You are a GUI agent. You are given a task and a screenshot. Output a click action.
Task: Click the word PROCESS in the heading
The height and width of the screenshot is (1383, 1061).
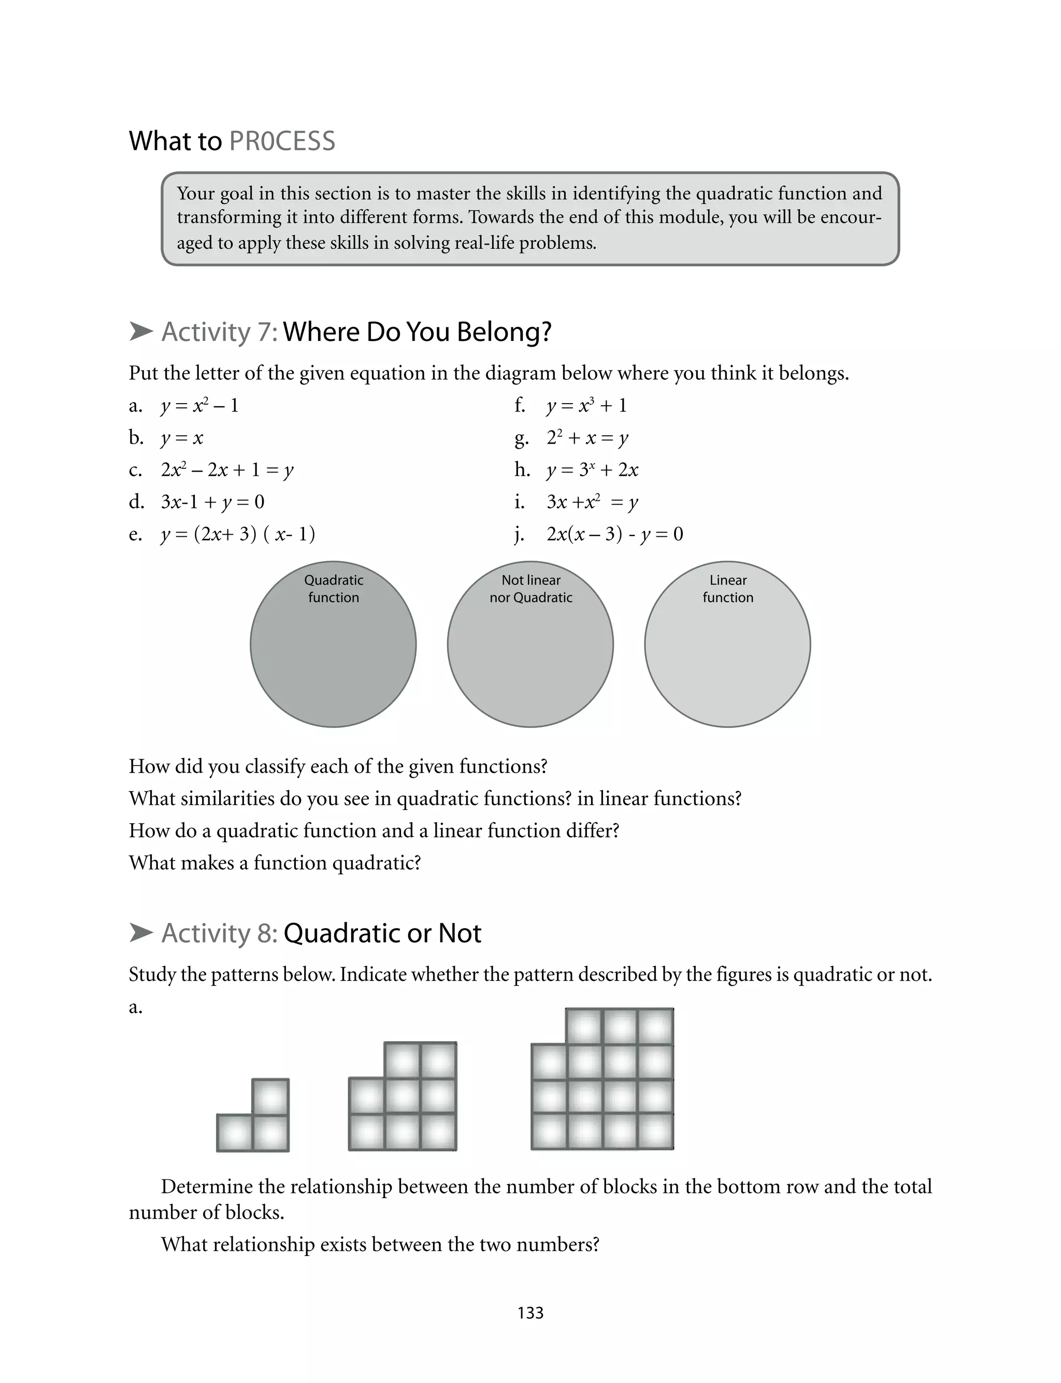click(x=282, y=141)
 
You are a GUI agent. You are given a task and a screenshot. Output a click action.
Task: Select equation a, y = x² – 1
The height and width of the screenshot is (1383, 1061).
click(x=199, y=405)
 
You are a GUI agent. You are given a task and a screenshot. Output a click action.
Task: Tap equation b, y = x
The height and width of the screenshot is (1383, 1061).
click(x=182, y=438)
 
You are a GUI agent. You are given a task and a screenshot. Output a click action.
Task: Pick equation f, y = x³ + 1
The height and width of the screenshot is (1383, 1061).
click(x=586, y=405)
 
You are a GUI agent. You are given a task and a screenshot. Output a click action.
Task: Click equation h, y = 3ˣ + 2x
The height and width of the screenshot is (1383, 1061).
click(x=592, y=470)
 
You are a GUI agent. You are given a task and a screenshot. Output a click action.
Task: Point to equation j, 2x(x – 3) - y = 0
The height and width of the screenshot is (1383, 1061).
click(x=614, y=534)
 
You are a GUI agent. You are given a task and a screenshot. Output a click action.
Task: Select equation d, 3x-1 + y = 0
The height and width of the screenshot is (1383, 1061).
click(x=213, y=502)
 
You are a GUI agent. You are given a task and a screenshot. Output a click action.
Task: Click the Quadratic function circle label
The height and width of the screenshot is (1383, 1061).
click(x=334, y=589)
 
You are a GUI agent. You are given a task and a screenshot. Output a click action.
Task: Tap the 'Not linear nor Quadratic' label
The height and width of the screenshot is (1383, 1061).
click(x=530, y=589)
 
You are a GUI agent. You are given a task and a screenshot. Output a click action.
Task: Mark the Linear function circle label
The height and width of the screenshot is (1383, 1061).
click(x=727, y=589)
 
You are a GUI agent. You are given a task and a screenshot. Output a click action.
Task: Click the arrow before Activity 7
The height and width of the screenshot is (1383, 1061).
click(x=141, y=331)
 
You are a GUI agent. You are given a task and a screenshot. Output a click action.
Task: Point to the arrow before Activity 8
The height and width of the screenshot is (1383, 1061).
click(x=141, y=932)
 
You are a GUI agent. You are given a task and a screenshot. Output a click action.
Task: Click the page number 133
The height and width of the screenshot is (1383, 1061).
click(x=530, y=1313)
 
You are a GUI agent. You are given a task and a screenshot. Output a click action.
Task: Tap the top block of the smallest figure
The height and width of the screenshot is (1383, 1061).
click(x=270, y=1096)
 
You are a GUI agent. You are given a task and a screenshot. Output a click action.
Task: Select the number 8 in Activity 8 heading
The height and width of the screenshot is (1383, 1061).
click(x=265, y=933)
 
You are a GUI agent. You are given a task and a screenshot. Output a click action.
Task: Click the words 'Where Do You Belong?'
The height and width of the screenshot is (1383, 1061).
click(x=417, y=332)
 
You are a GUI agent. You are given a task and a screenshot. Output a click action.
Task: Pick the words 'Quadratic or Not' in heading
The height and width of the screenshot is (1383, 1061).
click(x=382, y=933)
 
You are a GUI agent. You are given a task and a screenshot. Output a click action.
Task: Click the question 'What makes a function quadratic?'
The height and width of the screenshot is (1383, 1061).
click(x=275, y=863)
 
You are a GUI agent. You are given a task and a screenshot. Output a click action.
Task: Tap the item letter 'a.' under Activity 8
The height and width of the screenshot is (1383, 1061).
click(x=135, y=1007)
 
